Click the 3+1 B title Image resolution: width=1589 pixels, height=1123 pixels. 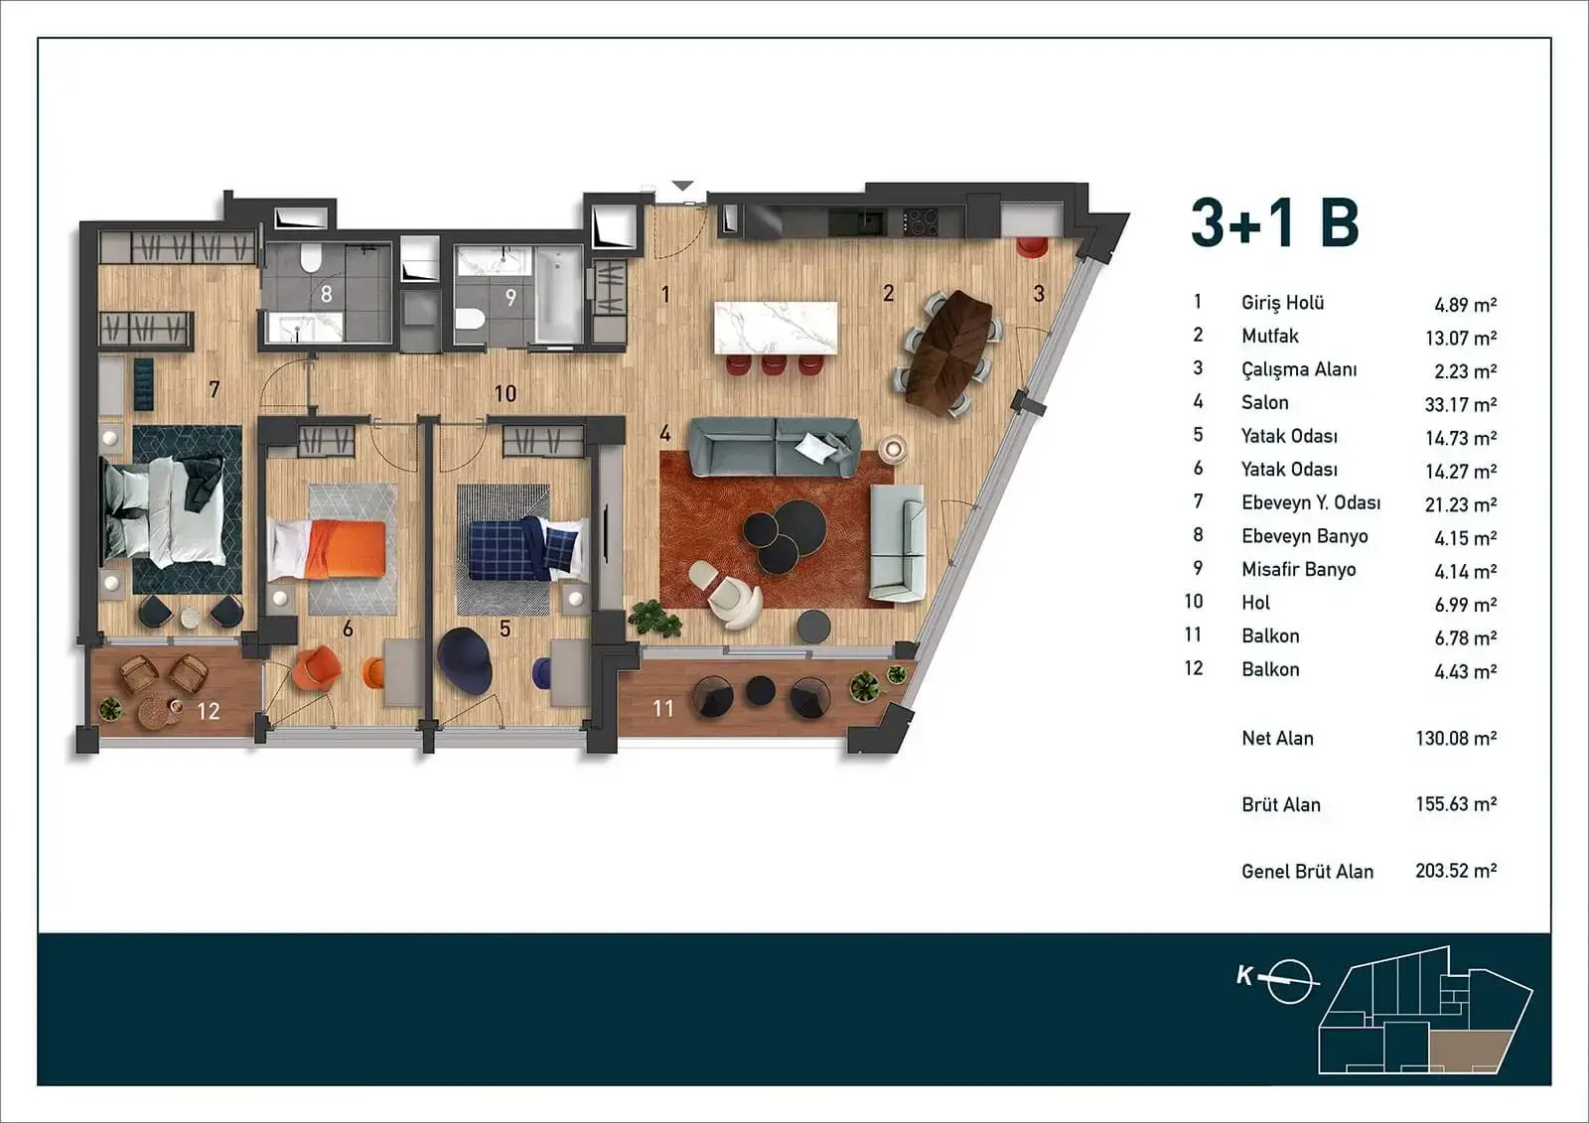coord(1275,222)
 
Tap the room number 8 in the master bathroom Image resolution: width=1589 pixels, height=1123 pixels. coord(327,294)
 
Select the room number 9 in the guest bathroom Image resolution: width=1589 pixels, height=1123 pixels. coord(510,297)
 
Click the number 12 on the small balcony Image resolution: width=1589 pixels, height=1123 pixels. coord(208,711)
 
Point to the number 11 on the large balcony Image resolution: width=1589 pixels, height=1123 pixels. coord(662,708)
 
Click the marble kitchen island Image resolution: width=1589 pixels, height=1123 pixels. coord(776,328)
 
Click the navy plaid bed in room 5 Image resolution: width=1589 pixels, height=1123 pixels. coord(527,549)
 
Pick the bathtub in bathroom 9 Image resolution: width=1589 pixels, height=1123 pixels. coord(558,295)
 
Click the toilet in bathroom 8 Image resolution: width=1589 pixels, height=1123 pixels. coord(311,258)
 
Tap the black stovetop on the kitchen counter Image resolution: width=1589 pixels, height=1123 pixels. coord(920,222)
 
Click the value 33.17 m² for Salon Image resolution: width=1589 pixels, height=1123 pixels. coord(1461,404)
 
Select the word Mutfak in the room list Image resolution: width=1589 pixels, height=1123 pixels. coord(1270,336)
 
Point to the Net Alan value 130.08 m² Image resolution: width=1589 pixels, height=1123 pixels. coord(1456,738)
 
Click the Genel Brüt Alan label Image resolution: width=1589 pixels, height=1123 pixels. coord(1307,871)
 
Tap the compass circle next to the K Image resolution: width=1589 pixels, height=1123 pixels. coord(1289,981)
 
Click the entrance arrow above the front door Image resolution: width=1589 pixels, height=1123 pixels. coord(682,185)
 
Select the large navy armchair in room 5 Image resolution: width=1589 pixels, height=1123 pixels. coord(464,659)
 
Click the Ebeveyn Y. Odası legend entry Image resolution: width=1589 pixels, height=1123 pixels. coord(1311,503)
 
